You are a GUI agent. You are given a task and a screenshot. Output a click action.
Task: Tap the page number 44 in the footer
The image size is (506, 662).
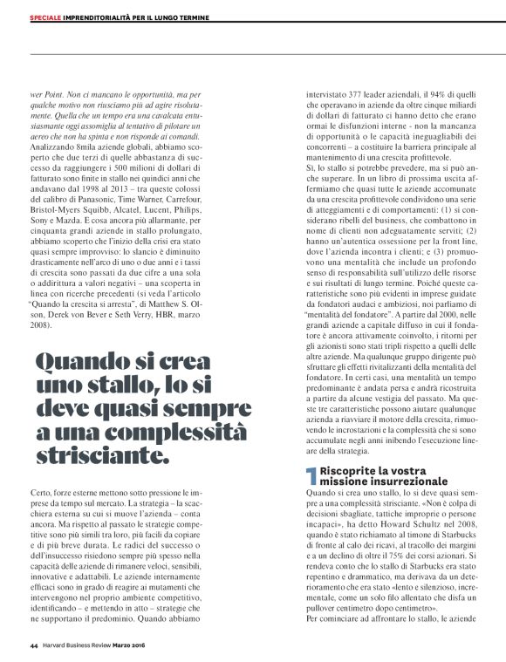click(33, 645)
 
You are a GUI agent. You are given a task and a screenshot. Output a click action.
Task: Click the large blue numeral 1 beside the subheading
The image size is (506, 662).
click(309, 475)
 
